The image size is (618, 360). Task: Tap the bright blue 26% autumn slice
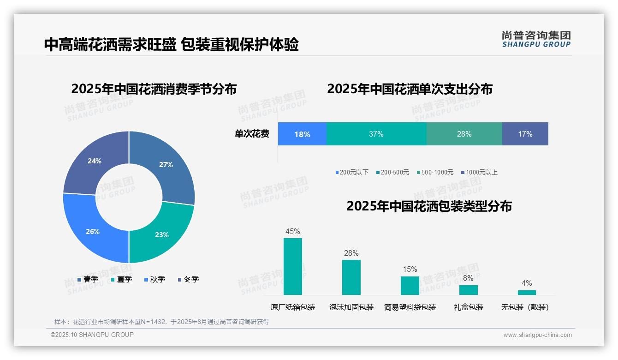pos(92,231)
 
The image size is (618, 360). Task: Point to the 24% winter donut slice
pos(94,162)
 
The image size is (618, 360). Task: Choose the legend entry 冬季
pos(188,279)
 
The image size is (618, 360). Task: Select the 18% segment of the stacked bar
pos(302,134)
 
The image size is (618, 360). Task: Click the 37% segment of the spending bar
pos(376,134)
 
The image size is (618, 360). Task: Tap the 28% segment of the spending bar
pos(464,134)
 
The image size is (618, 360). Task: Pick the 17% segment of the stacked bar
pos(525,134)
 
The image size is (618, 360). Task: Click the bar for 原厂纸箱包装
pos(293,266)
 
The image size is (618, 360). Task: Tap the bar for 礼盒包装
pos(468,290)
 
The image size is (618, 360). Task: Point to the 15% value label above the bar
pos(410,269)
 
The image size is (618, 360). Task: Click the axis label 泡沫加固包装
pos(351,307)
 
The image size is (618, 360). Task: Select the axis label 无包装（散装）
pos(525,307)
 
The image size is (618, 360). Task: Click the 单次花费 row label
pos(252,134)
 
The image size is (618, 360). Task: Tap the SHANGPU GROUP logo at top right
pos(536,39)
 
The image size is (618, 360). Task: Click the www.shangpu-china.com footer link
pos(537,335)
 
